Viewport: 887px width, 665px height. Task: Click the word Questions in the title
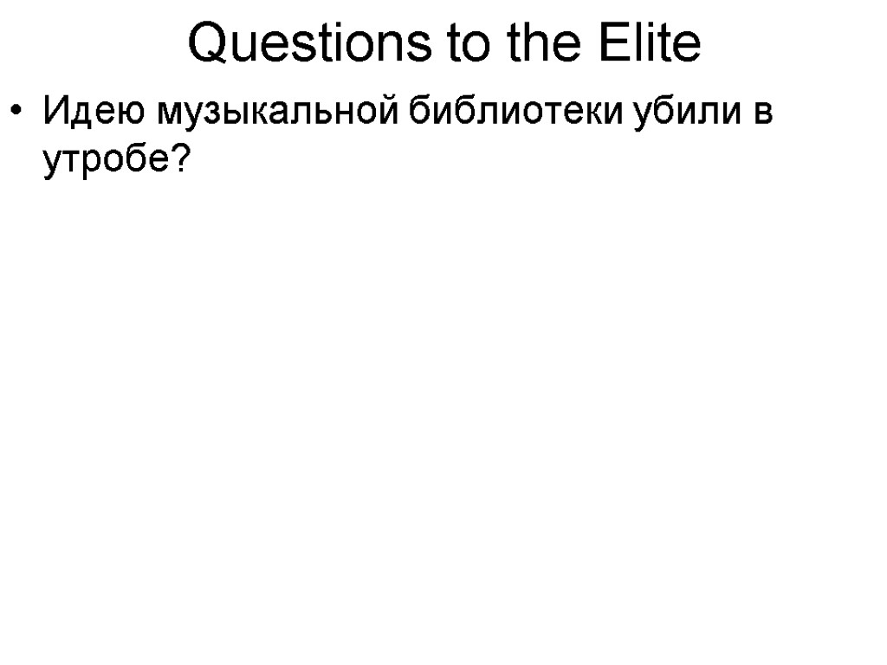[308, 45]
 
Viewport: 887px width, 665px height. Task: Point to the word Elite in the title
[656, 45]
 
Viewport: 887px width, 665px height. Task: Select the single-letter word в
[762, 114]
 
